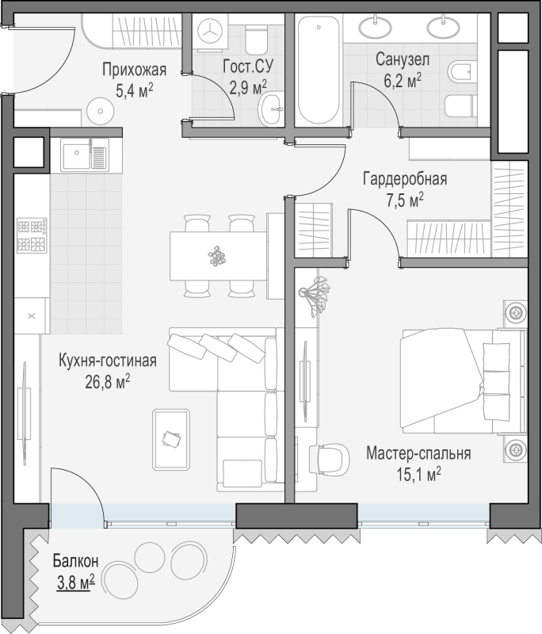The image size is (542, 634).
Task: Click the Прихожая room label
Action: tap(134, 70)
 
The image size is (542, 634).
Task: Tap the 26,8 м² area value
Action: tap(108, 382)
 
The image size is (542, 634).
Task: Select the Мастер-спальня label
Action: tap(418, 453)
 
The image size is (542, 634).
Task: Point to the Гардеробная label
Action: tap(405, 178)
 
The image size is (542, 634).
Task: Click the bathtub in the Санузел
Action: tap(319, 70)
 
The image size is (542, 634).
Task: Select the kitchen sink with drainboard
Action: tap(85, 154)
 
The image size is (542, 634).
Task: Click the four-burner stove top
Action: tap(32, 235)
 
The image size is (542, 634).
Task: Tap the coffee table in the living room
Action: tap(171, 440)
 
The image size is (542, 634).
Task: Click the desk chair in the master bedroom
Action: tap(330, 460)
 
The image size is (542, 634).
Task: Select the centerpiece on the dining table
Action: tap(217, 255)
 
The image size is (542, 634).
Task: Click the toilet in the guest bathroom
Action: tap(256, 39)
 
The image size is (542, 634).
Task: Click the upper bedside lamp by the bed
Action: tap(516, 313)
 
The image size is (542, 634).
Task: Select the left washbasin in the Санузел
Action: tap(376, 27)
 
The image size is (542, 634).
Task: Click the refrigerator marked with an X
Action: tap(32, 315)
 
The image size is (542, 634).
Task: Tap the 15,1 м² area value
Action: tap(418, 474)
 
